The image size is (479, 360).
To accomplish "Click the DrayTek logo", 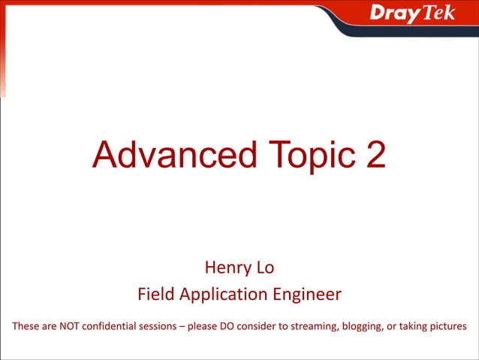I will [x=412, y=14].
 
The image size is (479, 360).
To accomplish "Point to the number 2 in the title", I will [x=374, y=154].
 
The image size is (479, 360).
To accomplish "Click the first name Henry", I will [x=223, y=267].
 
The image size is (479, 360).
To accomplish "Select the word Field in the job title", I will [x=153, y=295].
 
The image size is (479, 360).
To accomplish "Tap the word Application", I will [x=221, y=295].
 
